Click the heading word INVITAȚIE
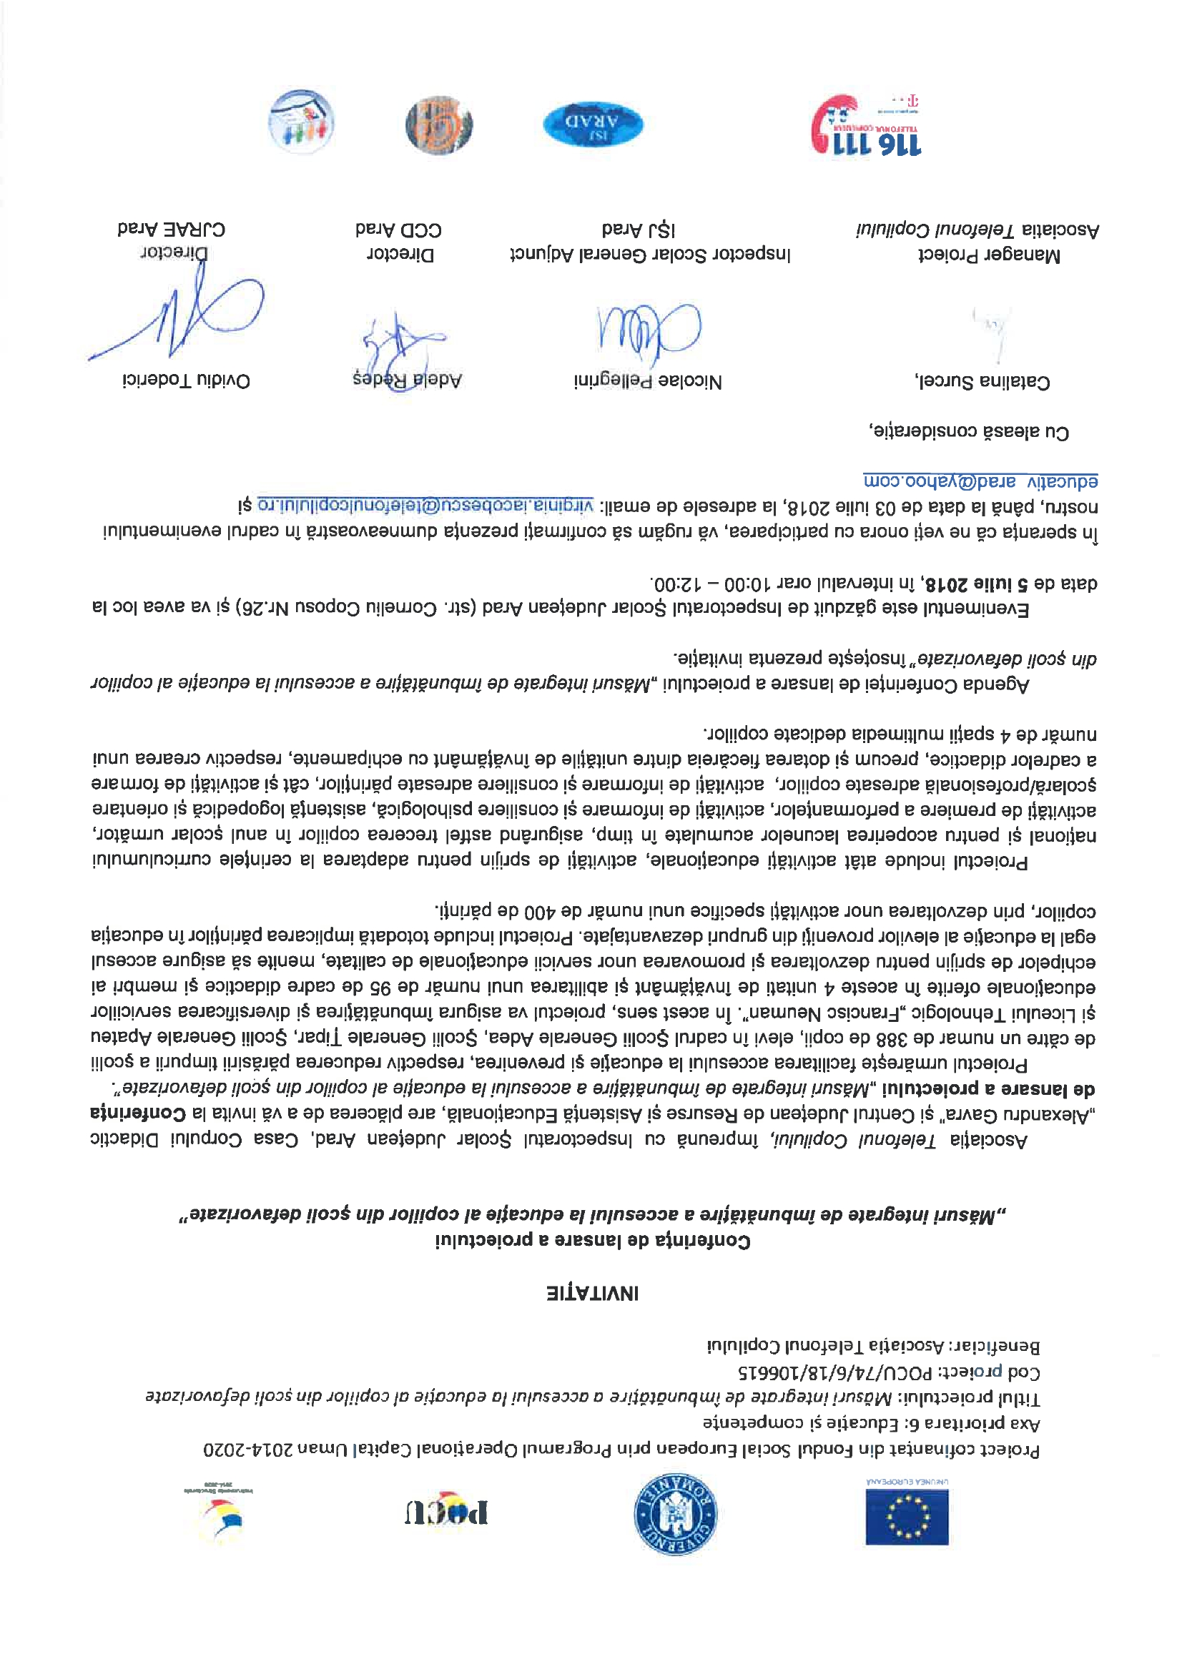[x=592, y=1293]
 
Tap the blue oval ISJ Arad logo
[x=593, y=124]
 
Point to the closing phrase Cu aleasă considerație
[x=969, y=431]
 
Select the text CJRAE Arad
[x=171, y=230]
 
